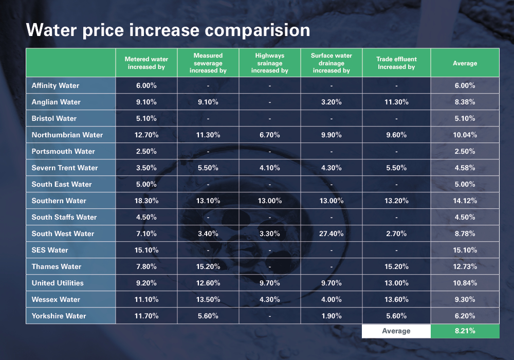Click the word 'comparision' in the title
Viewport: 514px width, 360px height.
pyautogui.click(x=258, y=31)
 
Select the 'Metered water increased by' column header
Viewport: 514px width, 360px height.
pyautogui.click(x=146, y=63)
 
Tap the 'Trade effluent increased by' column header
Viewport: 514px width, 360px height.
pyautogui.click(x=396, y=63)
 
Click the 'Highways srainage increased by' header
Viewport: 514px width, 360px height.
pyautogui.click(x=270, y=63)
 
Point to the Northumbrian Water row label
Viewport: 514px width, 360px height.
pyautogui.click(x=67, y=135)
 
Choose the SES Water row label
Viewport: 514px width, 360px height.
pyautogui.click(x=50, y=250)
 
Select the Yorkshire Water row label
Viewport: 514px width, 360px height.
pyautogui.click(x=59, y=316)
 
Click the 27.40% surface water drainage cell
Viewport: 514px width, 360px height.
pyautogui.click(x=332, y=234)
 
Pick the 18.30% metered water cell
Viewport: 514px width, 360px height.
pyautogui.click(x=146, y=201)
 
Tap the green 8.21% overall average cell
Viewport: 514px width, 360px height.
pyautogui.click(x=465, y=331)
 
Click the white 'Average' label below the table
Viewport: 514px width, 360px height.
pyautogui.click(x=396, y=331)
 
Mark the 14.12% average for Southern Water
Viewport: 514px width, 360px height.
pyautogui.click(x=465, y=201)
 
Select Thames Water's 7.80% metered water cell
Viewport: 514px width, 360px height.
pyautogui.click(x=146, y=266)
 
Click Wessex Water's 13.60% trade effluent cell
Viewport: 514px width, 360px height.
pyautogui.click(x=396, y=299)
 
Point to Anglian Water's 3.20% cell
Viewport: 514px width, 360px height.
pyautogui.click(x=332, y=102)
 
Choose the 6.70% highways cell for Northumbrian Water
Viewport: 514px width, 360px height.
pyautogui.click(x=270, y=135)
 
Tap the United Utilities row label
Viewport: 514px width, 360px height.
pyautogui.click(x=58, y=283)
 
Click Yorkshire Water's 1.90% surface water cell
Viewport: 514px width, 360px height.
pyautogui.click(x=332, y=316)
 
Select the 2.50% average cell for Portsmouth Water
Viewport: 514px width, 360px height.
pyautogui.click(x=465, y=152)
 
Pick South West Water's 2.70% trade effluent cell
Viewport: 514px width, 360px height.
pyautogui.click(x=396, y=234)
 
